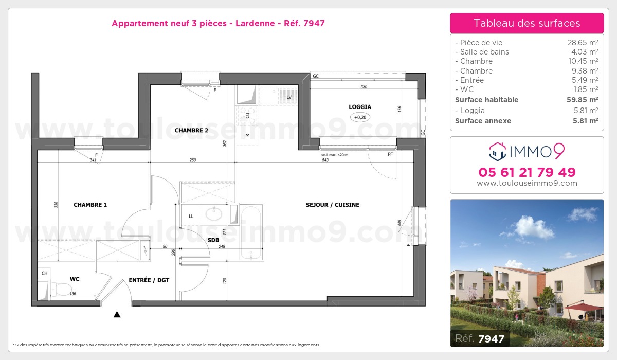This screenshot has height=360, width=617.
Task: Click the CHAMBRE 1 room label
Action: pyautogui.click(x=90, y=205)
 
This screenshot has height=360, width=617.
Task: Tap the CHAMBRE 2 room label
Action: pyautogui.click(x=191, y=131)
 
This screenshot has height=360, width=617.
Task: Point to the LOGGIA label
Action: pyautogui.click(x=360, y=107)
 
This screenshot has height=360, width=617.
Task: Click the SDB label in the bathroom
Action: pyautogui.click(x=213, y=240)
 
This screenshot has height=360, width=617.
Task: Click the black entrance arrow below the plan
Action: pyautogui.click(x=117, y=314)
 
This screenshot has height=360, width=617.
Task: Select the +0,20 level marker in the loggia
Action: pyautogui.click(x=360, y=117)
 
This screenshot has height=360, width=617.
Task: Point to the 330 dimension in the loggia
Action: pyautogui.click(x=364, y=87)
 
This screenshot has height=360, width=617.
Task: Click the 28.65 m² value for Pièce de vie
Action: pyautogui.click(x=582, y=43)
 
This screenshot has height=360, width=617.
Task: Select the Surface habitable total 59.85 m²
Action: pyautogui.click(x=582, y=100)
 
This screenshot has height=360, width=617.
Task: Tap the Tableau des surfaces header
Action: pyautogui.click(x=527, y=23)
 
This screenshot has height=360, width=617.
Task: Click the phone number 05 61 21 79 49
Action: pyautogui.click(x=527, y=172)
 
